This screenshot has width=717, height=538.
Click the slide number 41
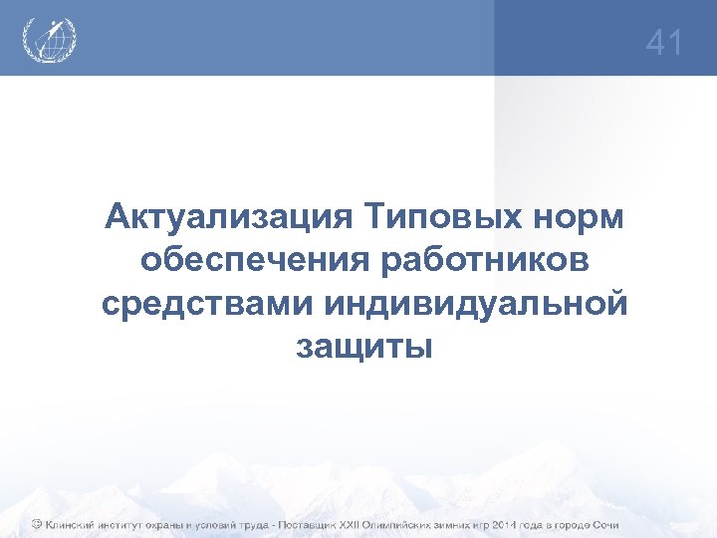coord(664,43)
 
